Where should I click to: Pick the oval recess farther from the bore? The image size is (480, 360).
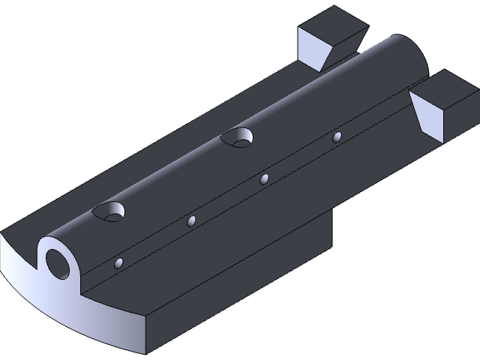pyautogui.click(x=238, y=136)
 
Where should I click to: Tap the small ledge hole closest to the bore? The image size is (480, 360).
pyautogui.click(x=118, y=263)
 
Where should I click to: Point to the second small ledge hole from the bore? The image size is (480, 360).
pyautogui.click(x=192, y=220)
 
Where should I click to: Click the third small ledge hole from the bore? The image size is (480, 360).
pyautogui.click(x=264, y=179)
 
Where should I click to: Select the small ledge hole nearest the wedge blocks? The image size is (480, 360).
pyautogui.click(x=337, y=137)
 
